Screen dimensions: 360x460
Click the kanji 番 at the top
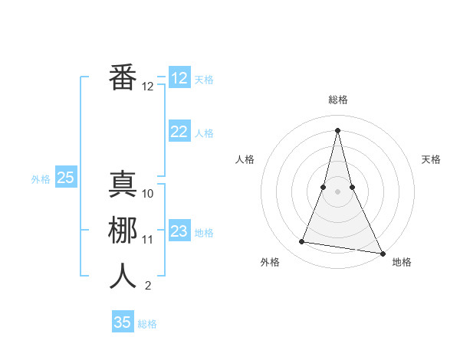[x=123, y=77]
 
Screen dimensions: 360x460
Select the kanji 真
[x=123, y=184]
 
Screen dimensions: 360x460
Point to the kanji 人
[x=123, y=276]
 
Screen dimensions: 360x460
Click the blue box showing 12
[x=179, y=78]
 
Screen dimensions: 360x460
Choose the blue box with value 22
[x=179, y=132]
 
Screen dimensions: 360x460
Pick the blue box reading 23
[x=179, y=231]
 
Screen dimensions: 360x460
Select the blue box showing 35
[x=123, y=322]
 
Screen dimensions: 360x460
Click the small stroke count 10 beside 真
[x=148, y=194]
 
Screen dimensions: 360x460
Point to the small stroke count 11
[x=148, y=240]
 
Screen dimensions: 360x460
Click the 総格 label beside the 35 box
[x=147, y=324]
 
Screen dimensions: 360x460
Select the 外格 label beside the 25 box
[x=41, y=179]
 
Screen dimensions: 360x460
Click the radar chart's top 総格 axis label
[x=337, y=100]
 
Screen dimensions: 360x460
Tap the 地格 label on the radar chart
[x=402, y=262]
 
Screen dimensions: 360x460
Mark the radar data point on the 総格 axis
[x=337, y=129]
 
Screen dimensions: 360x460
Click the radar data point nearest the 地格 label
[x=382, y=252]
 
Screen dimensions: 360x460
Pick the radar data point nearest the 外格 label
[x=302, y=242]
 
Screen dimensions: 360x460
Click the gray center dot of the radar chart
[x=337, y=191]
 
